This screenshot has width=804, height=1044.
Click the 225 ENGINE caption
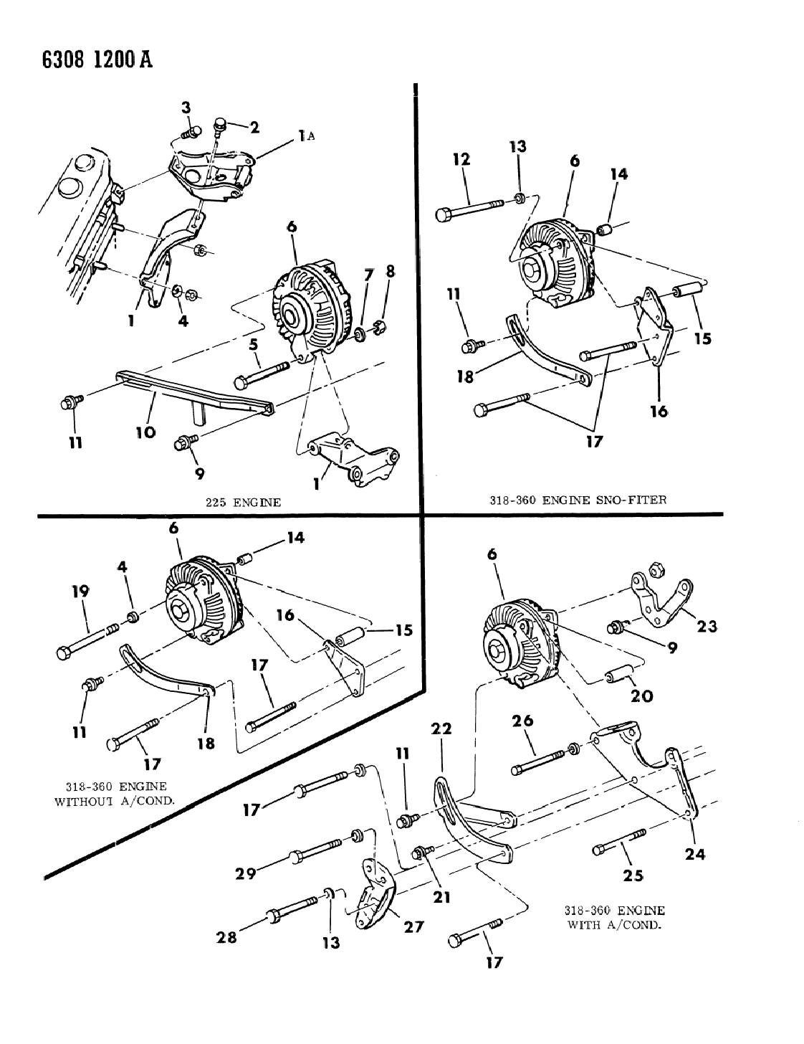pos(241,503)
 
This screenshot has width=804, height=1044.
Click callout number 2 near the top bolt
pos(254,127)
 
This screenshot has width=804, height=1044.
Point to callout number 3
pos(186,108)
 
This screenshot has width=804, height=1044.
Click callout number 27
pos(413,928)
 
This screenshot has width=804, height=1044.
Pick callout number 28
pos(227,936)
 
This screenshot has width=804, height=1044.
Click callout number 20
pos(641,696)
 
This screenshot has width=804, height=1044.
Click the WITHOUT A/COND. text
pos(115,800)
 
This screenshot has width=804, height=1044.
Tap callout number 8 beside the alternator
pos(391,272)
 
